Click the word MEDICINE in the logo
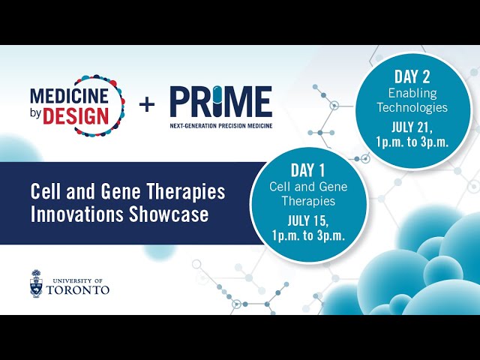(69, 96)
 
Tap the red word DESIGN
(76, 116)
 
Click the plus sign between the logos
(147, 105)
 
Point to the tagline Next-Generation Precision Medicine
(221, 125)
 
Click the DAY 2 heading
(412, 76)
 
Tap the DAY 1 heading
(308, 170)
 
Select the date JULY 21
(412, 127)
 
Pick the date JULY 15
(308, 221)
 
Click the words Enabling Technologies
(412, 100)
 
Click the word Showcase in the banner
(169, 214)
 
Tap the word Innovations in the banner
(77, 214)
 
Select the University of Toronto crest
(36, 283)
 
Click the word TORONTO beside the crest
(78, 290)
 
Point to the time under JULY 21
(412, 142)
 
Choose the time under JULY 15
(308, 235)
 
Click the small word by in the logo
(35, 114)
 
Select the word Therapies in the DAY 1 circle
(308, 201)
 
